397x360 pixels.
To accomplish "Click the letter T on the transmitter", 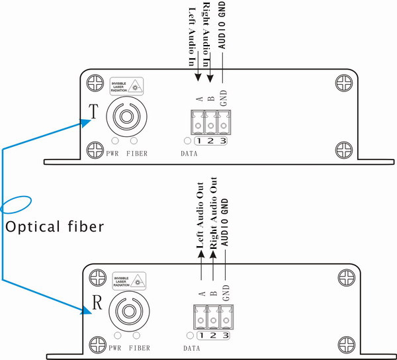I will pyautogui.click(x=95, y=112).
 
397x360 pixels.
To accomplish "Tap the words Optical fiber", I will pyautogui.click(x=54, y=227).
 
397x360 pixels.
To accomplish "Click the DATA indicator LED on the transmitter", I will pyautogui.click(x=187, y=141).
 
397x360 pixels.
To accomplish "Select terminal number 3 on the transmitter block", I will pyautogui.click(x=224, y=141).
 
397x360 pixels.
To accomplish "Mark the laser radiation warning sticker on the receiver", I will pyautogui.click(x=128, y=281).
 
